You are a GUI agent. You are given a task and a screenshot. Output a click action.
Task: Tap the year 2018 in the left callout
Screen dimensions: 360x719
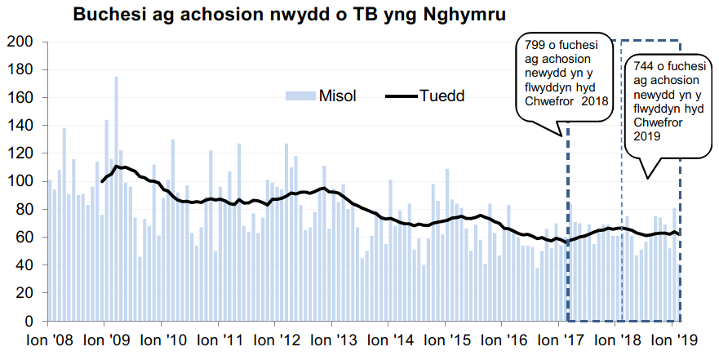(x=596, y=101)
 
